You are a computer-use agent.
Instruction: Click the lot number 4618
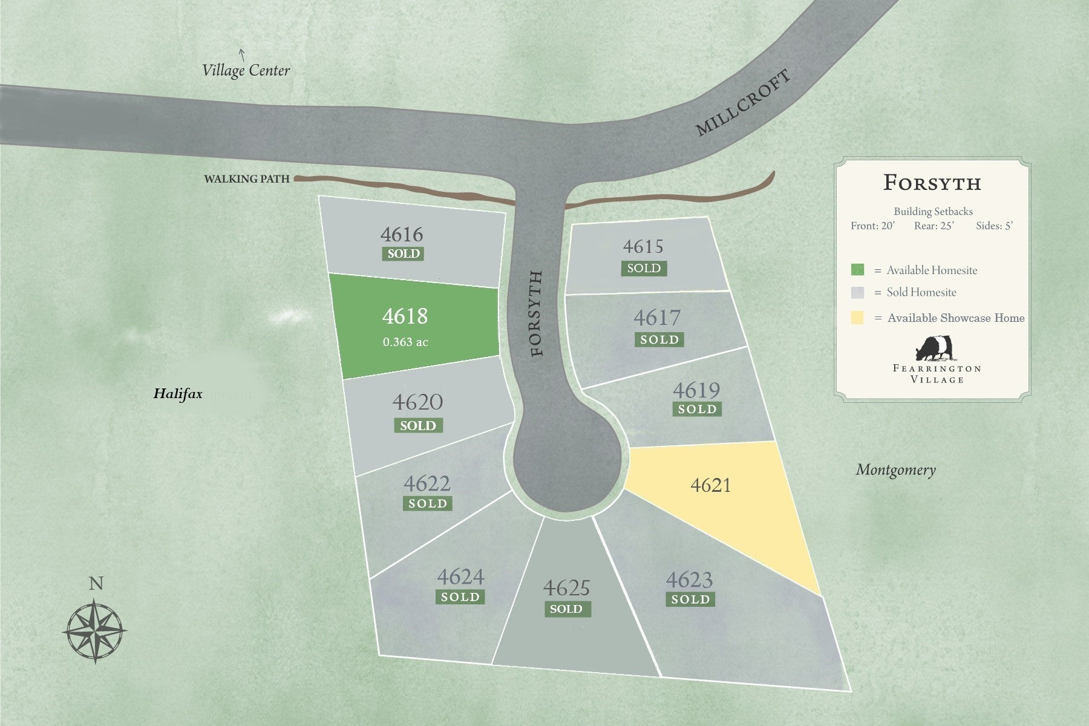[x=405, y=316]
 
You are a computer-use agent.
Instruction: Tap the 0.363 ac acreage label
[x=405, y=342]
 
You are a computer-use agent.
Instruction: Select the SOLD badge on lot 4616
[x=403, y=253]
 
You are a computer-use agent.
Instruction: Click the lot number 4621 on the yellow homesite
[x=710, y=485]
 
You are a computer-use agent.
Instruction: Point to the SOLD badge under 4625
[x=566, y=609]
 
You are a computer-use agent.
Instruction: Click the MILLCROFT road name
[x=742, y=103]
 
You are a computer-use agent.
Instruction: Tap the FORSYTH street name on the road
[x=537, y=313]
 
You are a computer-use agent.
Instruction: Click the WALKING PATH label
[x=246, y=179]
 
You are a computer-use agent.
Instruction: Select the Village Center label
[x=246, y=71]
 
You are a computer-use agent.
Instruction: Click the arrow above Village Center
[x=242, y=55]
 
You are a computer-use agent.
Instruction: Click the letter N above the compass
[x=96, y=584]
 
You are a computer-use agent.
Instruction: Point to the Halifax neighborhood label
[x=177, y=394]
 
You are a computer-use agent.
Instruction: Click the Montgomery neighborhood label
[x=895, y=469]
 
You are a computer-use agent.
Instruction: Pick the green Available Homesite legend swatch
[x=857, y=270]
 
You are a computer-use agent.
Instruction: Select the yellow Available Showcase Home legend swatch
[x=857, y=318]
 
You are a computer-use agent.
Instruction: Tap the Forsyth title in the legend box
[x=932, y=183]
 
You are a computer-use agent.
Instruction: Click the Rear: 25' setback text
[x=934, y=226]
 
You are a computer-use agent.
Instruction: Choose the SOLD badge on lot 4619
[x=697, y=410]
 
